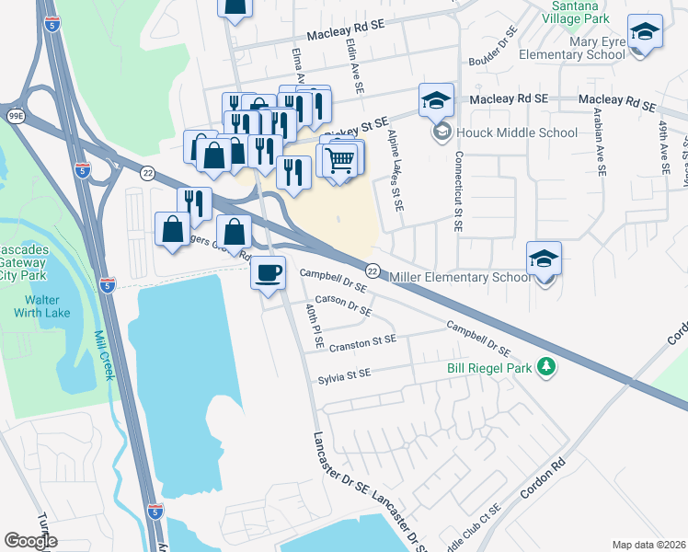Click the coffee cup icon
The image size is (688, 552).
click(x=268, y=274)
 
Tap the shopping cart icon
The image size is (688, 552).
click(x=339, y=160)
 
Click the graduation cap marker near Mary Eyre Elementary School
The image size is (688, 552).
click(x=645, y=33)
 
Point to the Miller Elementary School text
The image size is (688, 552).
click(x=458, y=277)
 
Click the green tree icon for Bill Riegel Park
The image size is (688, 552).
click(x=546, y=367)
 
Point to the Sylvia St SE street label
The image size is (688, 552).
click(x=344, y=374)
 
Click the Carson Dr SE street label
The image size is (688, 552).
click(x=343, y=305)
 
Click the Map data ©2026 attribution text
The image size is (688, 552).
click(x=648, y=545)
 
